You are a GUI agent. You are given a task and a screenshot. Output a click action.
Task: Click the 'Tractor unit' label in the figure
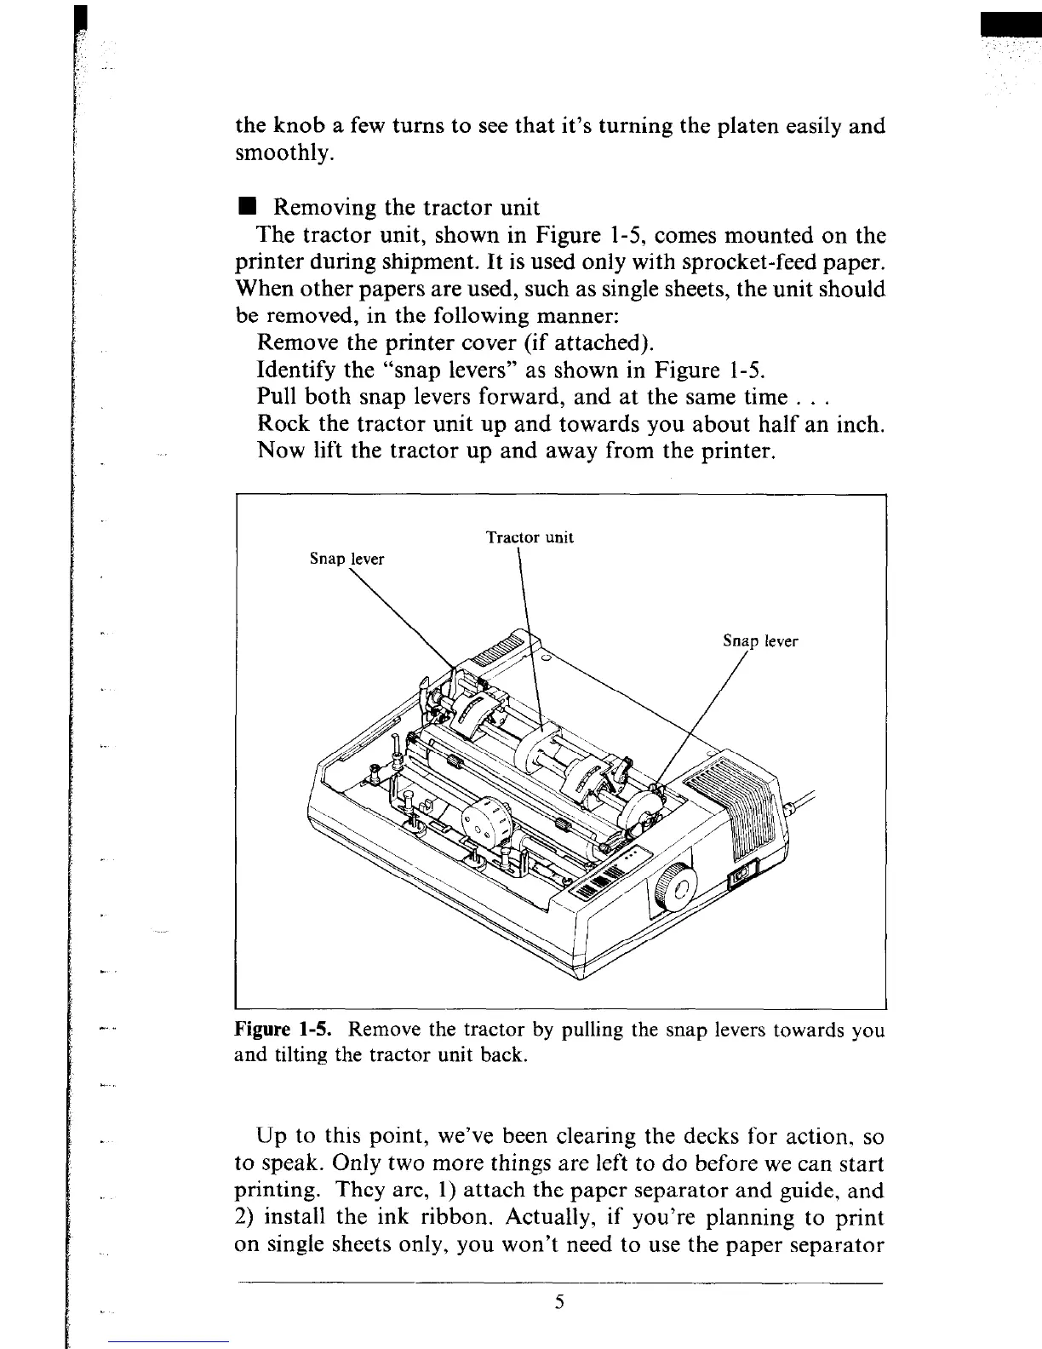529,537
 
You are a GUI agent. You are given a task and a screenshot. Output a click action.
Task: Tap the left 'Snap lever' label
346,559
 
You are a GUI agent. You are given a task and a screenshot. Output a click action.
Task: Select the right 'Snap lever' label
760,642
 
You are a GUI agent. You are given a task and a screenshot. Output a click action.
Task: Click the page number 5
559,1302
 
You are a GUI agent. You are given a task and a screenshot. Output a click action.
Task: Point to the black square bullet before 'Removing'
246,207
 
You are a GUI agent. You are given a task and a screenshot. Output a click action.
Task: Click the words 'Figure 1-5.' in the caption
283,1030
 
